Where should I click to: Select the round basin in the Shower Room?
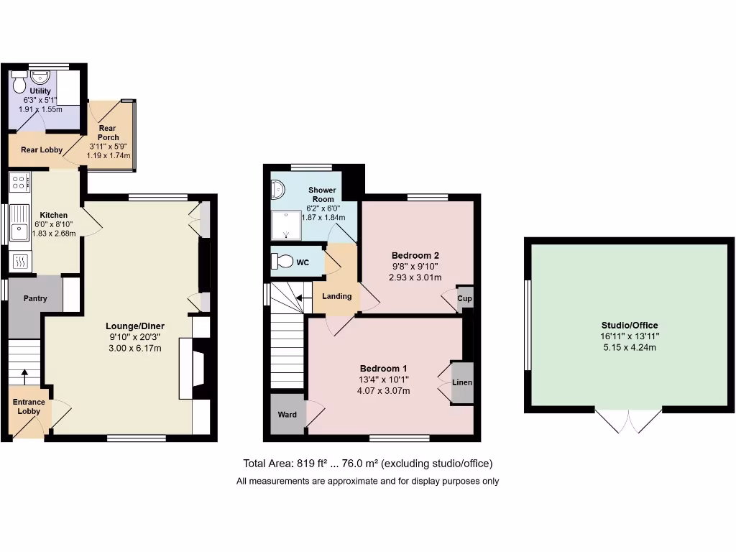tap(277, 190)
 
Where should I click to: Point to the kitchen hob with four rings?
tap(19, 183)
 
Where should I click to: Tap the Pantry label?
tap(34, 298)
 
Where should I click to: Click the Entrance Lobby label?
tap(29, 407)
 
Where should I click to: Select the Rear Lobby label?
tap(41, 150)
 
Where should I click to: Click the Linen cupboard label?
tap(462, 382)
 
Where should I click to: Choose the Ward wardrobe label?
tap(287, 415)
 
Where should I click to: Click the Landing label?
tap(336, 296)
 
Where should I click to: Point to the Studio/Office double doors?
tap(629, 421)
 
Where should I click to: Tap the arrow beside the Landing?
tap(303, 295)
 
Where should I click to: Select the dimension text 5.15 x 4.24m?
tap(630, 347)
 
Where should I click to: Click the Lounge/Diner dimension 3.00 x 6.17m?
tap(134, 349)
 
